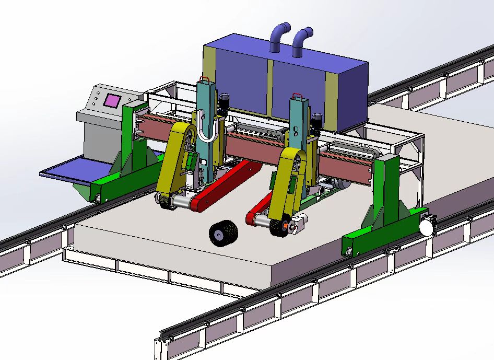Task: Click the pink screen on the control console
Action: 111,101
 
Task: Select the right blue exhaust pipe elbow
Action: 301,40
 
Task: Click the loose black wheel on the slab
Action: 223,233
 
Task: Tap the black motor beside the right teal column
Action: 316,123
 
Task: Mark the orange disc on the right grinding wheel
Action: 285,226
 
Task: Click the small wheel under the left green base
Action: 98,198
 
